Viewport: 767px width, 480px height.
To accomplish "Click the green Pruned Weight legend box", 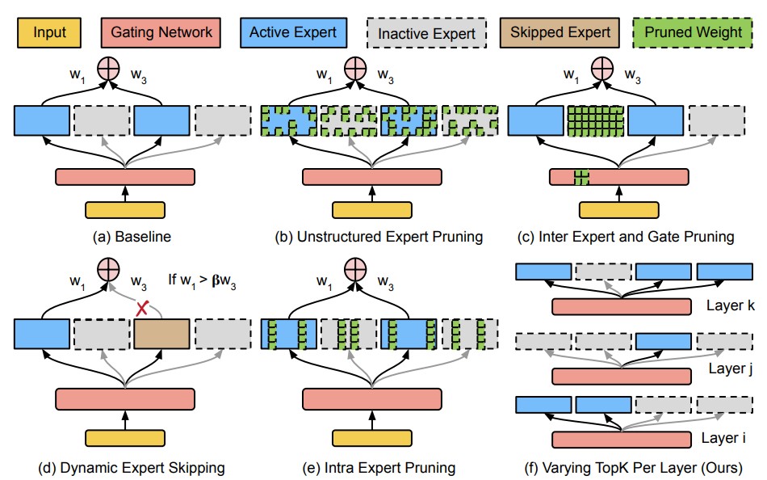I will pyautogui.click(x=689, y=32).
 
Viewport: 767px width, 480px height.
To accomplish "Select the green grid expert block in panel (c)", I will pyautogui.click(x=594, y=121).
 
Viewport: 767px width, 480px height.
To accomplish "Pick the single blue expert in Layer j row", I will pyautogui.click(x=663, y=341).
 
